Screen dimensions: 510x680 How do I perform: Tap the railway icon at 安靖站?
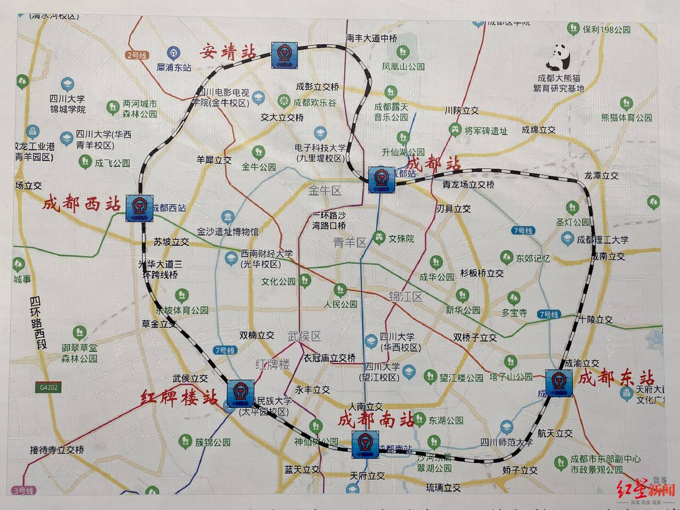tap(284, 55)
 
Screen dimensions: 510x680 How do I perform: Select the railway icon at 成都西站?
tap(139, 208)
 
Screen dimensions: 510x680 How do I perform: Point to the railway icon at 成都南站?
tap(365, 444)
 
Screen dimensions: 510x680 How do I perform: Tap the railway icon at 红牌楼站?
tap(240, 393)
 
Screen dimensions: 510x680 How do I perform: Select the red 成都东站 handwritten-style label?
tap(616, 378)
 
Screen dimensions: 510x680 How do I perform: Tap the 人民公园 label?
tap(340, 305)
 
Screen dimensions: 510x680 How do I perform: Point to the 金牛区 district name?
tap(324, 191)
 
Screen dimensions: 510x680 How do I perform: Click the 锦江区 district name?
tap(405, 297)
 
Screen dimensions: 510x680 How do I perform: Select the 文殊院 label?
tap(401, 239)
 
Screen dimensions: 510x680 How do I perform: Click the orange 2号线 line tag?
tap(136, 55)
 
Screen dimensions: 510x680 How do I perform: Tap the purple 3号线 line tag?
tap(24, 490)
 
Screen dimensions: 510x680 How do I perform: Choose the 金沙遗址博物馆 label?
tap(228, 231)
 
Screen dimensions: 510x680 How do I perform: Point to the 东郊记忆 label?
tap(532, 258)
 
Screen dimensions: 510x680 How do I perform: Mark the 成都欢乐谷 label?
tap(314, 102)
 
